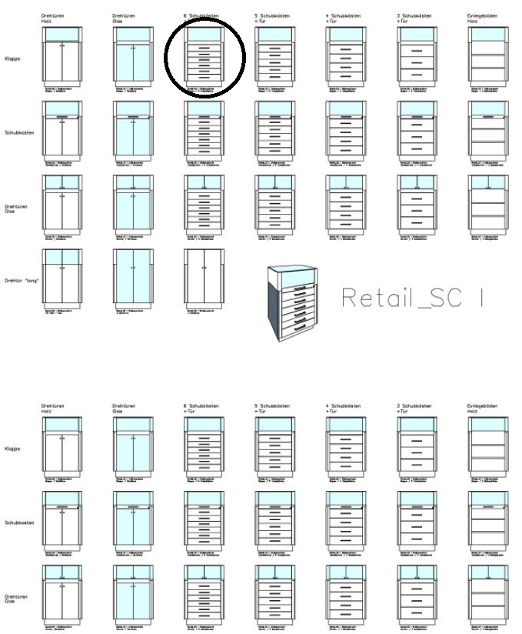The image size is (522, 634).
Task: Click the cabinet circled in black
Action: (x=204, y=56)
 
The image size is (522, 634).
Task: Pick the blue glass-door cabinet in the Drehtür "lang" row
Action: (x=133, y=277)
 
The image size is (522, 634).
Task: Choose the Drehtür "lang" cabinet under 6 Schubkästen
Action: (x=204, y=277)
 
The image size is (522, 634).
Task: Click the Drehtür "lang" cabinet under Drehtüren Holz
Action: (x=62, y=277)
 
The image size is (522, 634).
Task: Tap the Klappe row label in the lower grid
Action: (x=14, y=449)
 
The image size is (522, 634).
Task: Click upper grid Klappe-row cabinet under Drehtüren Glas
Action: (x=133, y=56)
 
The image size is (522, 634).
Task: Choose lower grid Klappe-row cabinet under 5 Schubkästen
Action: (x=274, y=445)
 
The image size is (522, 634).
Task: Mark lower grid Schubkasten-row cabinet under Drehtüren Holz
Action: (x=62, y=519)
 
